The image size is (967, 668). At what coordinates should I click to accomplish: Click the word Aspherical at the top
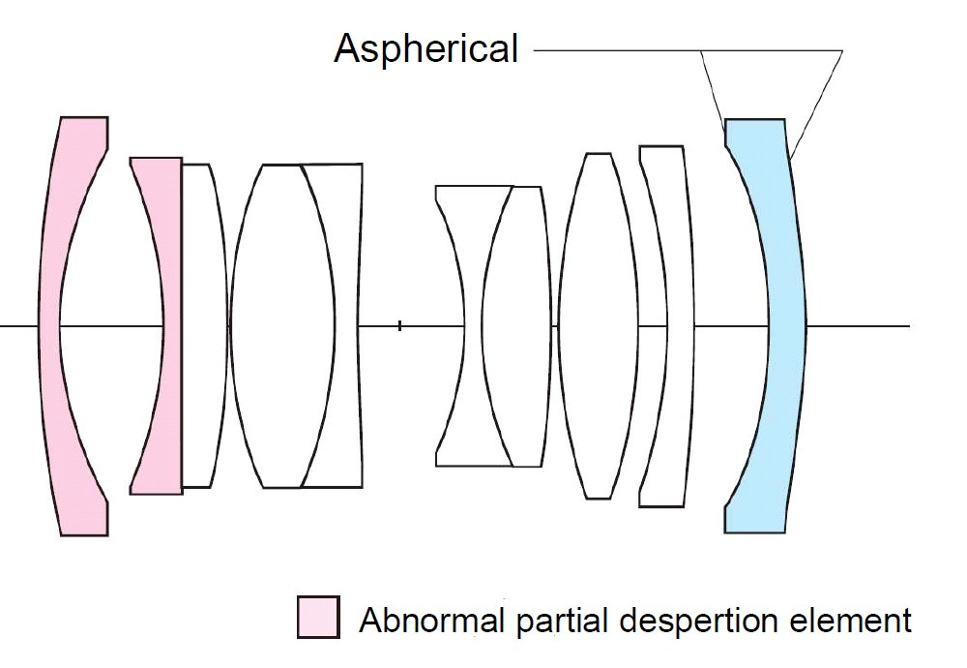[x=425, y=48]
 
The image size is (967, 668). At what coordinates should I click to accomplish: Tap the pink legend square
[x=318, y=617]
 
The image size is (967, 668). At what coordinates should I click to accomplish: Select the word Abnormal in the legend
[x=431, y=620]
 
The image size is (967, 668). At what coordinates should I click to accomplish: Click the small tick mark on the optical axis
[x=399, y=325]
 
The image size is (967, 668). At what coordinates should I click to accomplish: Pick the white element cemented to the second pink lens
[x=203, y=325]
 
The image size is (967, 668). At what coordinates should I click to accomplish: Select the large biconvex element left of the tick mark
[x=280, y=325]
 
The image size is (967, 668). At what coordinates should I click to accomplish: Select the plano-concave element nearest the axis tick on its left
[x=345, y=325]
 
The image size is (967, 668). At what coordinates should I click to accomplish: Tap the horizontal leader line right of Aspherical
[x=688, y=50]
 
